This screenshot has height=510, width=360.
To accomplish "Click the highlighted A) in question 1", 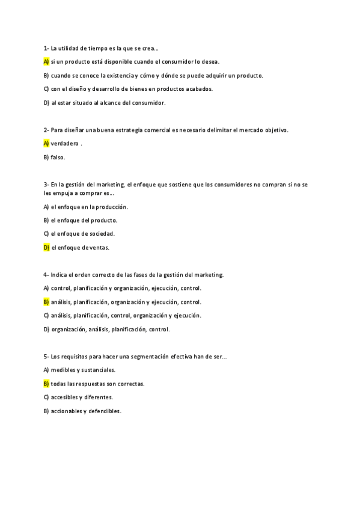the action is (46, 61).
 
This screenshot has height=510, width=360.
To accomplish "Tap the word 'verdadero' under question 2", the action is (65, 143).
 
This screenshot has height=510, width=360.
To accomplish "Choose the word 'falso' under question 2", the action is (58, 157).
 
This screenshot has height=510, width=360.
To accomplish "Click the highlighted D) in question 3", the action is (46, 247).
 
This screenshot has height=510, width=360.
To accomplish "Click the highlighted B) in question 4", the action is (46, 302).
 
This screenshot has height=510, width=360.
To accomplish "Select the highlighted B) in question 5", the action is (46, 384).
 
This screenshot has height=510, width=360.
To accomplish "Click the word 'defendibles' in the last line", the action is (105, 411).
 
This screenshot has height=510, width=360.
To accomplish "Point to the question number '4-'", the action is (46, 275).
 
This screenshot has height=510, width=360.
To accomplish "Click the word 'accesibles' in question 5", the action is (64, 398).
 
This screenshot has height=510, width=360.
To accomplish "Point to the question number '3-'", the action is (46, 184).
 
